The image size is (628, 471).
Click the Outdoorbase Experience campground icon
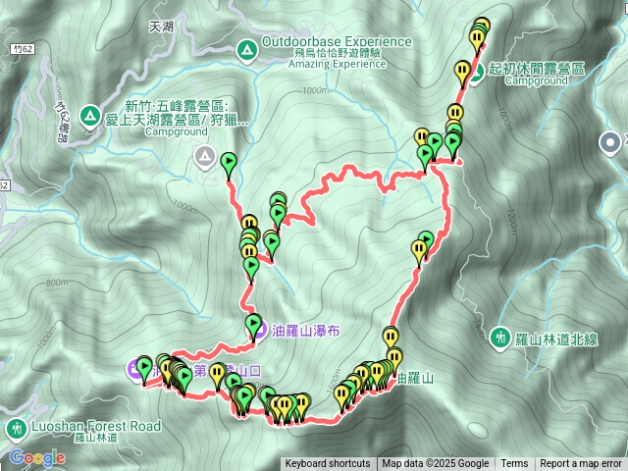(245, 46)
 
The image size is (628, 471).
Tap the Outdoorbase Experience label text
(337, 41)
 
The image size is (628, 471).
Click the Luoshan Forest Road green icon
(16, 429)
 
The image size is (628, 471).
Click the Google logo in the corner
(37, 457)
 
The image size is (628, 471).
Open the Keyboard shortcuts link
(328, 464)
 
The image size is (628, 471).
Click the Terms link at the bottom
(514, 464)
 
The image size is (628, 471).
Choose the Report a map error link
(582, 464)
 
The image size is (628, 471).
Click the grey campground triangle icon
(205, 155)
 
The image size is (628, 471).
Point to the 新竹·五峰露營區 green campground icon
(89, 116)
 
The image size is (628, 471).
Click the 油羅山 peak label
(413, 377)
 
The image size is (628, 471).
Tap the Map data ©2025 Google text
(436, 464)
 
